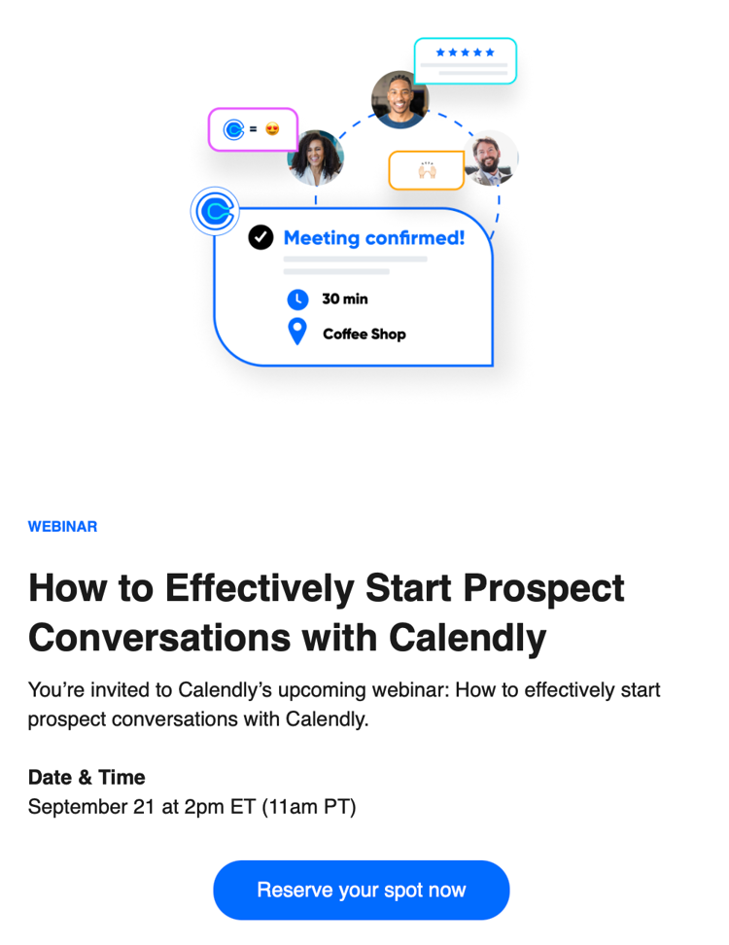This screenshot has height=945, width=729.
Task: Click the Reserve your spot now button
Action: point(362,890)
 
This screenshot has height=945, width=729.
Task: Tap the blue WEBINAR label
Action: point(62,526)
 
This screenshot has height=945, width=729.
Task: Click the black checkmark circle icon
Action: point(260,237)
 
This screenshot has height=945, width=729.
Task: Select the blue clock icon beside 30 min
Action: point(297,298)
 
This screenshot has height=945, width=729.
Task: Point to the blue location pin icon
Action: point(297,332)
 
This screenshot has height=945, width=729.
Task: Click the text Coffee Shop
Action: point(364,333)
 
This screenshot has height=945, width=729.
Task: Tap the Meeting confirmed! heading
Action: point(374,238)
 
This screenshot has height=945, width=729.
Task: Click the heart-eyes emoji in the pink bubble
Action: point(272,128)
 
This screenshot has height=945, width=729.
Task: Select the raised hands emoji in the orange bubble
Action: point(427,170)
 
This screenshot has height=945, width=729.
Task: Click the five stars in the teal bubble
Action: point(466,52)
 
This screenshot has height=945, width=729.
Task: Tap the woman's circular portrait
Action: point(316,157)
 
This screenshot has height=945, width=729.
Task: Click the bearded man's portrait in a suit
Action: point(491,157)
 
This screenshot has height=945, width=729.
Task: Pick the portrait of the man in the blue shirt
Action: point(400,99)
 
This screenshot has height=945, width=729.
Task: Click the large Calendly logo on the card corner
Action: point(215,212)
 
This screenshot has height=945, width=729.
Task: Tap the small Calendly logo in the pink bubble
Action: point(233,129)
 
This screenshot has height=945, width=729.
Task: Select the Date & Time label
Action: point(87,777)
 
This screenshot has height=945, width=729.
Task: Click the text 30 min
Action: point(345,298)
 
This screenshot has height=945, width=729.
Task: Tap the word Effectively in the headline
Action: point(260,589)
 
